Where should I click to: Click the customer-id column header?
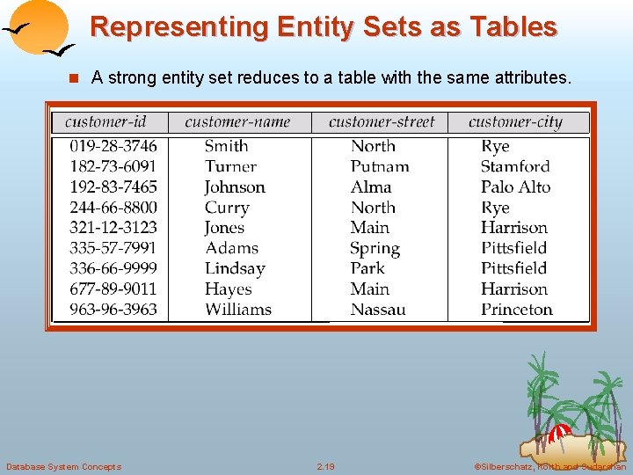105,122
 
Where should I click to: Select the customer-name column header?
237,122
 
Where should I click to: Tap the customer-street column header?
382,122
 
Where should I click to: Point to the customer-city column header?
515,122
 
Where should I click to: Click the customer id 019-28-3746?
113,146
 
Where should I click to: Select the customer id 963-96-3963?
113,310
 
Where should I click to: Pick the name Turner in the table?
230,166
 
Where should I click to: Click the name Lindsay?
235,268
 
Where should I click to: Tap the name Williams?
238,310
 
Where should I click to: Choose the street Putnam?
380,166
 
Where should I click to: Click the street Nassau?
378,310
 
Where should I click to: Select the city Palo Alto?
515,186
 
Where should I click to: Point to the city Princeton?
517,310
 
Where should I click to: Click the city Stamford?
515,166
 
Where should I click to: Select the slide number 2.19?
325,466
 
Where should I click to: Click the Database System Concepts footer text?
63,466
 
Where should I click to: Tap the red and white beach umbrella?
560,433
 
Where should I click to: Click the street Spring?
375,249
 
